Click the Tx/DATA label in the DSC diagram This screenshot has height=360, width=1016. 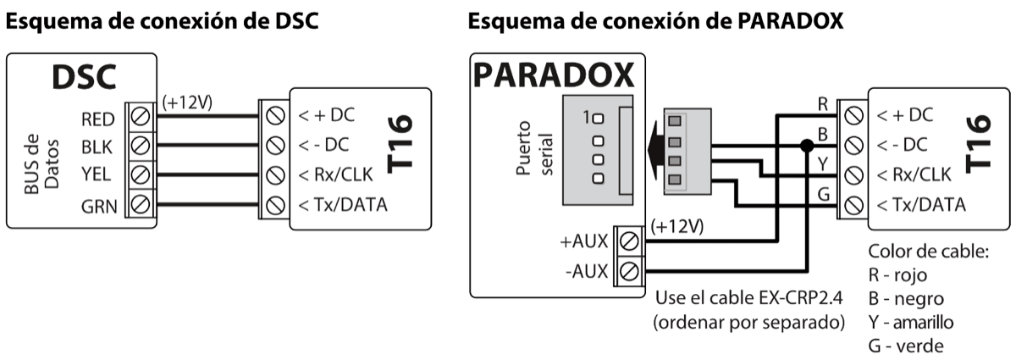click(x=338, y=204)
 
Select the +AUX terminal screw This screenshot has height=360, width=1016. click(x=627, y=242)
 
